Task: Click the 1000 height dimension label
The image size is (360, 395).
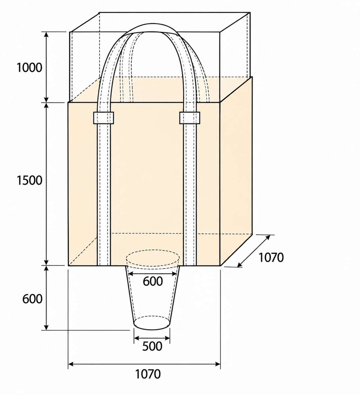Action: point(29,68)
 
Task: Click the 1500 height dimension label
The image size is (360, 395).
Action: point(29,181)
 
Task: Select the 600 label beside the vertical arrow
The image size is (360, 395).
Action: point(32,299)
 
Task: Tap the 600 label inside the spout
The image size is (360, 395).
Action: point(153,281)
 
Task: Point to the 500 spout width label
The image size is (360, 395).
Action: point(152,346)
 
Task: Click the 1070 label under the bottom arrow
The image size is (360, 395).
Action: point(148,374)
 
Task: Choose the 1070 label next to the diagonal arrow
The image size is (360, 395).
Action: point(271,257)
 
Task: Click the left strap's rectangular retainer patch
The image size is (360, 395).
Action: point(103,118)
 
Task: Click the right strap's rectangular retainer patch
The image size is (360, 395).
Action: point(190,118)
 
